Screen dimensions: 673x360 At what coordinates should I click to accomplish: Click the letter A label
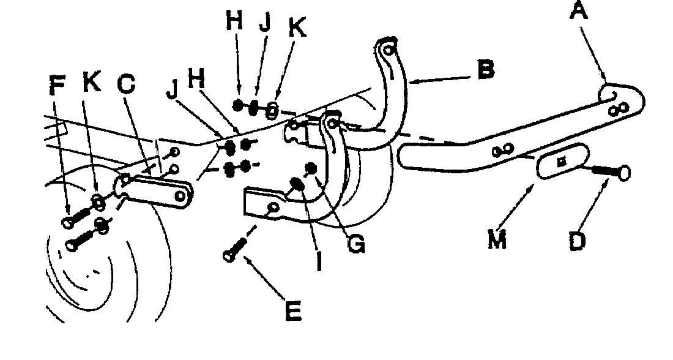[x=579, y=10]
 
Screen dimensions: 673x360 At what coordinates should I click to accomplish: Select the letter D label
[x=578, y=241]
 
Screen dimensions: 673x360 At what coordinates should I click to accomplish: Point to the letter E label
[x=294, y=311]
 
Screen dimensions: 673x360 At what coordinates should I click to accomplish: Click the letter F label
[x=57, y=85]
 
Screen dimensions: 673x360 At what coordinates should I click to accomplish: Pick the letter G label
[x=357, y=244]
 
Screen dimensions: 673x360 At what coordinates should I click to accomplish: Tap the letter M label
[x=497, y=239]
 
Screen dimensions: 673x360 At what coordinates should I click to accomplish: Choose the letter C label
[x=127, y=84]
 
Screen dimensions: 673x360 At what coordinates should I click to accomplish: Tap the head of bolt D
[x=623, y=173]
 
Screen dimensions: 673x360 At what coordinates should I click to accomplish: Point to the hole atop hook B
[x=388, y=50]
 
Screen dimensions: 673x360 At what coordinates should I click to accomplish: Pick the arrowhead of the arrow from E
[x=247, y=259]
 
